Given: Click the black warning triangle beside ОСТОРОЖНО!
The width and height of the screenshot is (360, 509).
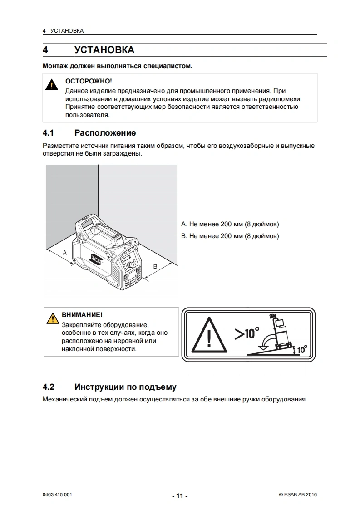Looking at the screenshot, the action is (x=52, y=85).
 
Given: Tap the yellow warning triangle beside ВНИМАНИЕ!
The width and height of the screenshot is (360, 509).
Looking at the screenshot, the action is (x=53, y=318).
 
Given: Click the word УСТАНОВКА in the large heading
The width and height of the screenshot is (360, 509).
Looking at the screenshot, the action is (x=104, y=49).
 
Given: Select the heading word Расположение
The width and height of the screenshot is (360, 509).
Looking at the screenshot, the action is (x=105, y=133).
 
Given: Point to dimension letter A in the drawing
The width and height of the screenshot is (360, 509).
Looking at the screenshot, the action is (x=64, y=253).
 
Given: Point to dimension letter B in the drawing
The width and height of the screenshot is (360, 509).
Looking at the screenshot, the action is (x=155, y=266).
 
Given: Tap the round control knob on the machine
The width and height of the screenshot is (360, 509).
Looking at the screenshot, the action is (x=130, y=265).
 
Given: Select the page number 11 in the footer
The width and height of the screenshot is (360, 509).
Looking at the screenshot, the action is (x=180, y=496).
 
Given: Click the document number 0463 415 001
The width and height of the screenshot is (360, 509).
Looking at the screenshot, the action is (x=57, y=495).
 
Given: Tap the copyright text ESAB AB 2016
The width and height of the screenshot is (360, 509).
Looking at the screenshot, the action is (x=298, y=495).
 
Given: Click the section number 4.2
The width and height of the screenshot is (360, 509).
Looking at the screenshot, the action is (x=49, y=387).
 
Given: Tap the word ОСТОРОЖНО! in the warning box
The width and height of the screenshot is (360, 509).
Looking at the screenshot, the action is (x=89, y=81).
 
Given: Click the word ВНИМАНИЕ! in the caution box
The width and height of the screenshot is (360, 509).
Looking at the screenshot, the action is (x=82, y=314).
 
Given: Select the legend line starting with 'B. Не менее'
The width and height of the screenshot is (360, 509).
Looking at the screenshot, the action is (x=230, y=236).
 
